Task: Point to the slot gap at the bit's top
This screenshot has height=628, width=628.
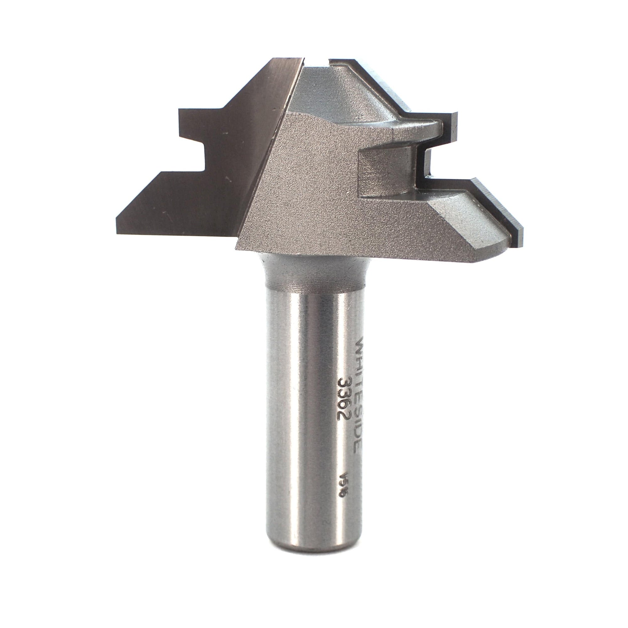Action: click(x=317, y=62)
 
